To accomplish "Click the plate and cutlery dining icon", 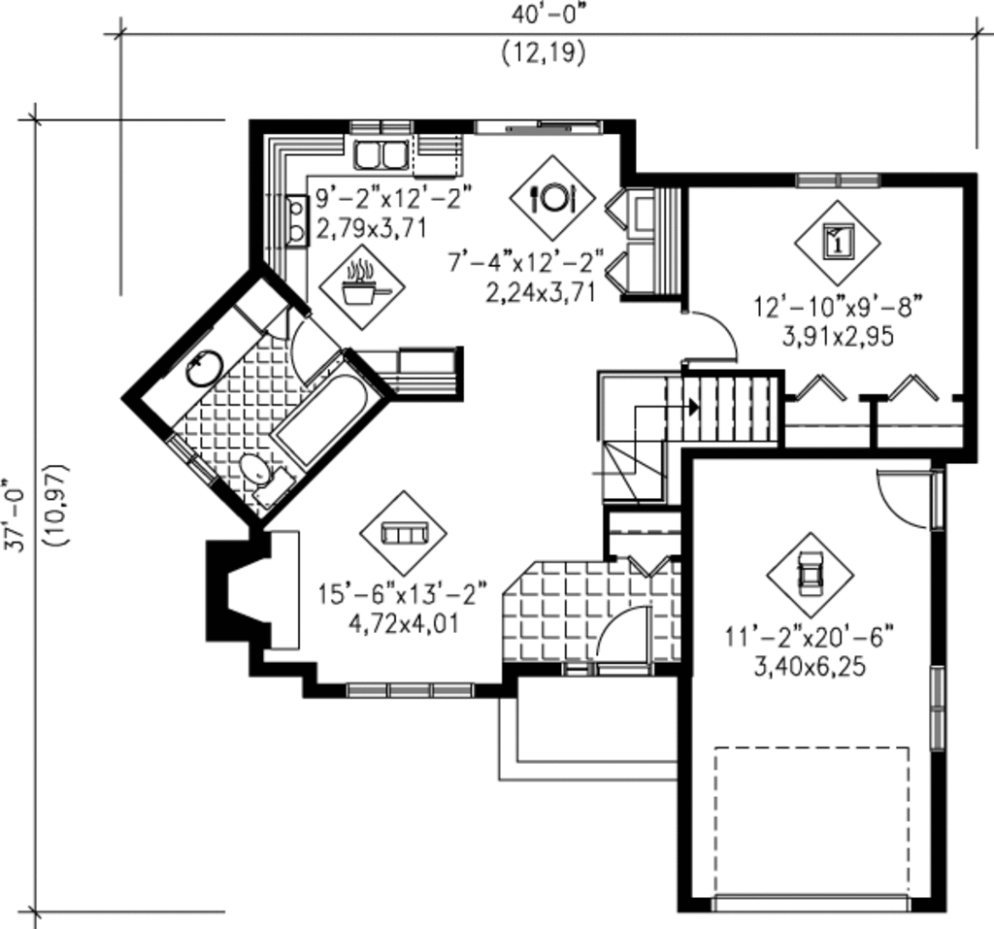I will pos(552,197).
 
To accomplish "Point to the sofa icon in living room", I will pos(403,533).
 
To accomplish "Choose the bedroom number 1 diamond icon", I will pos(837,242).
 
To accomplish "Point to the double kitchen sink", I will pos(381,154).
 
